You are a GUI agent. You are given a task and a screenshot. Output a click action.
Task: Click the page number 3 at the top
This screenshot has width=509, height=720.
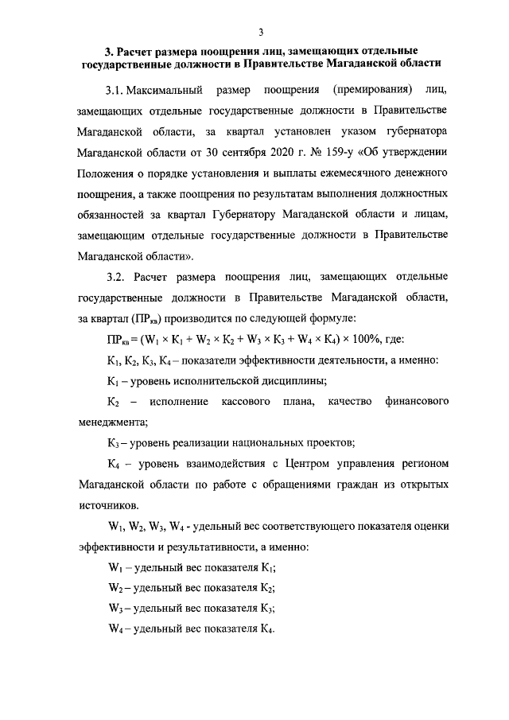pos(260,32)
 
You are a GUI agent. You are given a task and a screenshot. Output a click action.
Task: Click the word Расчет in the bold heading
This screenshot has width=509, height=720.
pos(136,51)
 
